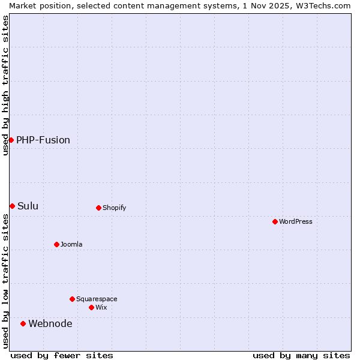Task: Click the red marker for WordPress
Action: click(x=275, y=221)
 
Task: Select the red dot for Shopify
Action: click(x=98, y=208)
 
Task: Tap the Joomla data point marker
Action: click(x=56, y=244)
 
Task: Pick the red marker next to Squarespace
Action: click(x=72, y=299)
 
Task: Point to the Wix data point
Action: click(x=91, y=307)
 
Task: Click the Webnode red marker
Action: click(x=23, y=323)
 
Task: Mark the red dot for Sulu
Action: click(x=12, y=206)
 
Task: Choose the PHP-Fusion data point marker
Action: click(x=11, y=140)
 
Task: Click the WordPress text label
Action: click(x=296, y=221)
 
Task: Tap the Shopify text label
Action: click(x=114, y=208)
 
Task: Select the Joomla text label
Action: click(x=71, y=244)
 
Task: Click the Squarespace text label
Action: click(x=97, y=299)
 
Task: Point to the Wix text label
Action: click(x=101, y=307)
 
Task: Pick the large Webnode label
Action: click(x=50, y=323)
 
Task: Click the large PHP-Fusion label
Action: click(x=43, y=140)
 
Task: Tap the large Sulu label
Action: click(x=28, y=206)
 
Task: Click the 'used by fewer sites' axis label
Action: click(x=62, y=355)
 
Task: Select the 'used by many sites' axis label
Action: click(x=301, y=355)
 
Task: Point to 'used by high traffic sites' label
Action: click(x=5, y=85)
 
